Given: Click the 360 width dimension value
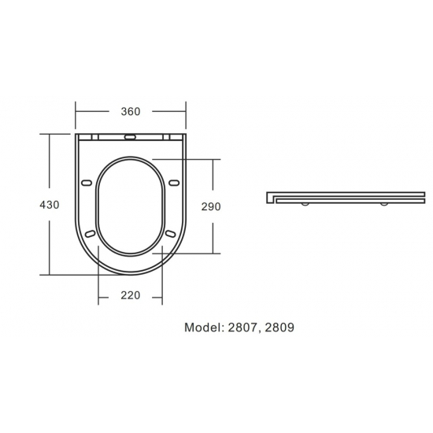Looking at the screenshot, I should pyautogui.click(x=131, y=112).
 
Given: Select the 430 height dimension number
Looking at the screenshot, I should pyautogui.click(x=50, y=205).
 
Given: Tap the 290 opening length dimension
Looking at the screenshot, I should pyautogui.click(x=210, y=206).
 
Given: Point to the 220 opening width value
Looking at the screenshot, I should pyautogui.click(x=131, y=296).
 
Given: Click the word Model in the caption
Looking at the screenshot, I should pyautogui.click(x=204, y=327).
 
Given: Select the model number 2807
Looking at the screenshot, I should pyautogui.click(x=242, y=327).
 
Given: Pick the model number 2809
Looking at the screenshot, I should pyautogui.click(x=279, y=327).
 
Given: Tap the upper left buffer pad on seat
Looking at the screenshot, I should pyautogui.click(x=87, y=183).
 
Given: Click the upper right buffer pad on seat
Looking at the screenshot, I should pyautogui.click(x=174, y=183).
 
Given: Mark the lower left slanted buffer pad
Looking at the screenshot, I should pyautogui.click(x=91, y=234).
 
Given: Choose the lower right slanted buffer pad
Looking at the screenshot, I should pyautogui.click(x=171, y=234).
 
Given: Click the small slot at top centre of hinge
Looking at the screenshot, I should pyautogui.click(x=131, y=136).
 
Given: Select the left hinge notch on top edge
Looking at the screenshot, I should pyautogui.click(x=94, y=136).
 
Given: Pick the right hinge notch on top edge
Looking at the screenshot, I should pyautogui.click(x=168, y=136).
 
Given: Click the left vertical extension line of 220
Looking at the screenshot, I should pyautogui.click(x=98, y=276).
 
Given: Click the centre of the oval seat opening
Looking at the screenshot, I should pyautogui.click(x=131, y=206).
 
